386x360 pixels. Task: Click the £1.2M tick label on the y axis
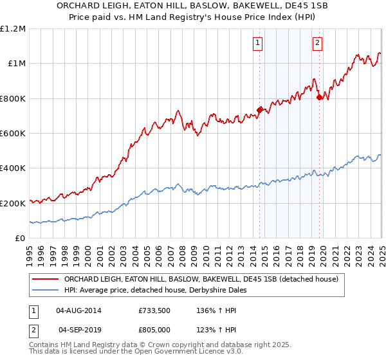click(13, 28)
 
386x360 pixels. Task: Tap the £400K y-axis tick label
click(13, 168)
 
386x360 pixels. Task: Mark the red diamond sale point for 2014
click(260, 110)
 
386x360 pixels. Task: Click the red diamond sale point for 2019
click(320, 98)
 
